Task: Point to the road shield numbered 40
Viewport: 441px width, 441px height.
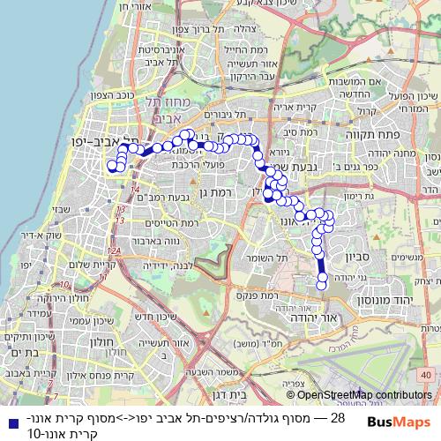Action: point(427,376)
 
